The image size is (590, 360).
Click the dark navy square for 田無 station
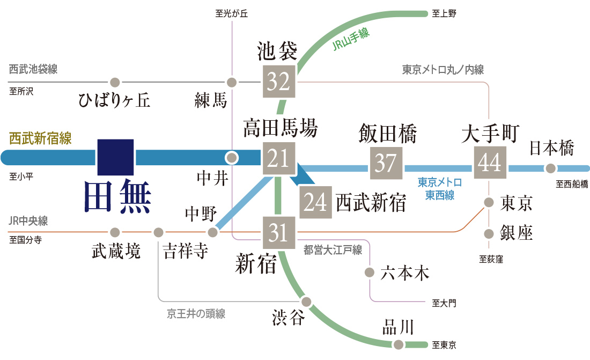coord(115,157)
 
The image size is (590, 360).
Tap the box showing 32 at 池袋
coord(279,82)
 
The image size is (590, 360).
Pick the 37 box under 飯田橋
coord(385,163)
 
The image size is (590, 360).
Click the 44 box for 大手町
coord(490,163)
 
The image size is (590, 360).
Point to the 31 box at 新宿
coord(279,232)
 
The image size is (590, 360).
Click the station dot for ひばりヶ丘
coord(114,83)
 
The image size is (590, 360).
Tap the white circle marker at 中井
coord(232,158)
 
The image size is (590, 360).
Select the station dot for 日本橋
coord(550,168)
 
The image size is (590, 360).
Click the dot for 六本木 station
coord(369,272)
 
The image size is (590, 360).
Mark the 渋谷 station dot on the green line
coord(306,301)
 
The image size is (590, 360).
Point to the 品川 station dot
coord(398,344)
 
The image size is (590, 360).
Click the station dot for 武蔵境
coord(114,232)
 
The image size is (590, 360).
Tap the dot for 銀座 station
coord(489,234)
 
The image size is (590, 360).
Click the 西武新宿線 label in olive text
coord(40,138)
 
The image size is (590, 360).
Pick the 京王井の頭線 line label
coord(196,314)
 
